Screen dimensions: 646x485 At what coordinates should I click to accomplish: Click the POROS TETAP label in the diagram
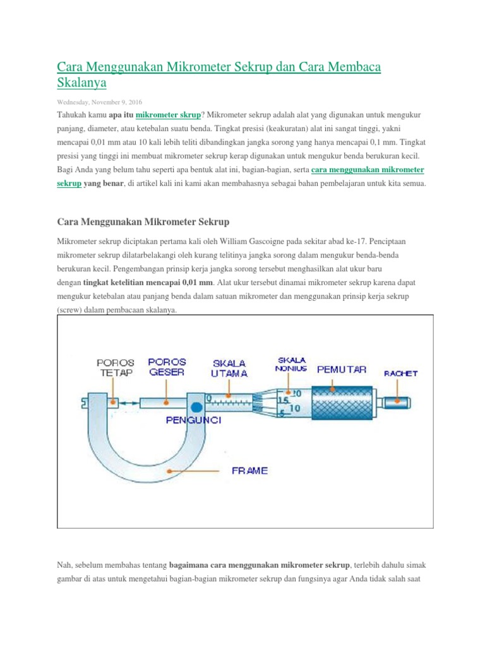(x=115, y=367)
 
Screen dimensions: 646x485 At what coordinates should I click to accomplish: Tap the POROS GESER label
(x=167, y=367)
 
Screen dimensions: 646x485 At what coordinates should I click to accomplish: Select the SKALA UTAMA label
(x=229, y=368)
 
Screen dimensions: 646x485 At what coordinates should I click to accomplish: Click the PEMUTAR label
(x=341, y=370)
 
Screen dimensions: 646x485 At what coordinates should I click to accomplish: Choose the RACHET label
(x=401, y=373)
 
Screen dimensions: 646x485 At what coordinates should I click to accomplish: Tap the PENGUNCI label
(x=193, y=420)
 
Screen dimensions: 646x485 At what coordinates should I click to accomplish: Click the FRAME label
(x=249, y=471)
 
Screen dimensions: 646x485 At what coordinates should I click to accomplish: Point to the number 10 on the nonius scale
(x=294, y=408)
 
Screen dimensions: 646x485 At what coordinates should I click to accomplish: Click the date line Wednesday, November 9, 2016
(x=100, y=102)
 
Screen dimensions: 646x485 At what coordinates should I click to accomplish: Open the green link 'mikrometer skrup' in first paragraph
(x=168, y=115)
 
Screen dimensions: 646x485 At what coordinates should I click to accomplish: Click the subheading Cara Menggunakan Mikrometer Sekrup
(x=143, y=222)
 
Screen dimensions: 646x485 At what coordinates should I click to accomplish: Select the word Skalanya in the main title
(x=82, y=83)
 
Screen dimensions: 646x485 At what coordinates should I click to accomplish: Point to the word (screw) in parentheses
(x=74, y=310)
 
